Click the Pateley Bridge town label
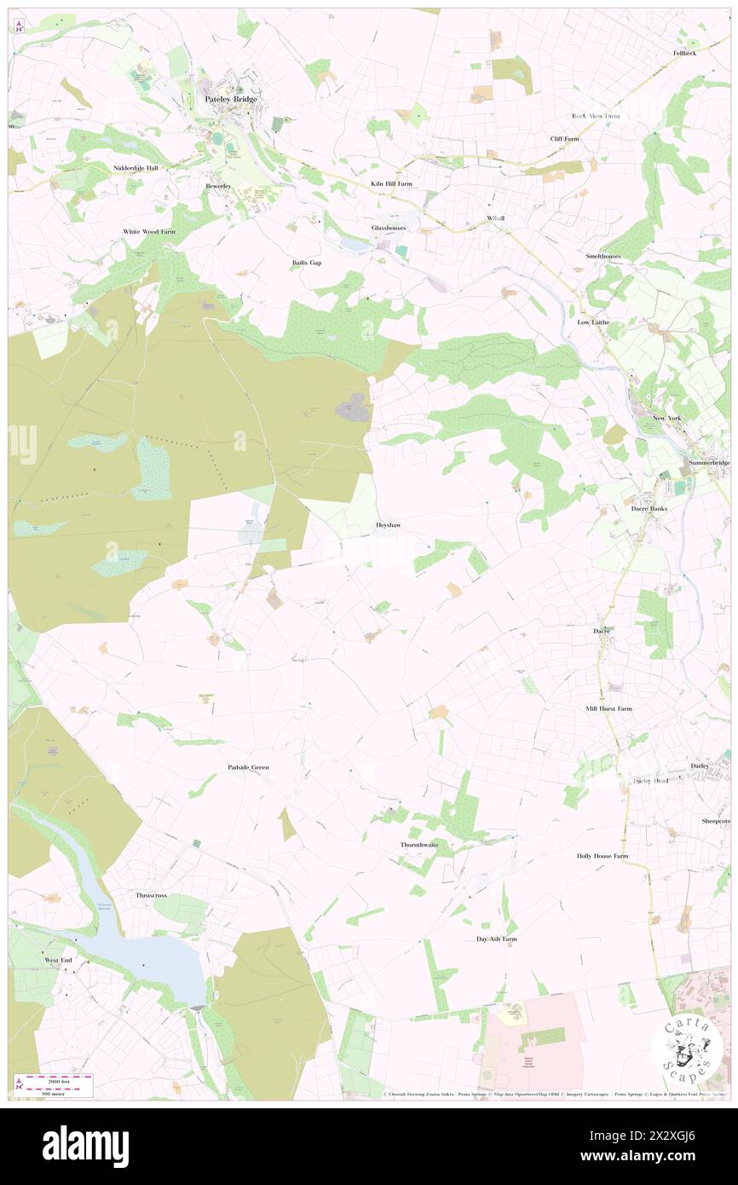pyautogui.click(x=231, y=100)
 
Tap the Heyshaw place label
pyautogui.click(x=388, y=526)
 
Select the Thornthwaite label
pyautogui.click(x=419, y=845)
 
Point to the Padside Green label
pyautogui.click(x=248, y=767)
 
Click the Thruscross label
pyautogui.click(x=152, y=895)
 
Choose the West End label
pyautogui.click(x=59, y=960)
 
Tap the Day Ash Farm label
pyautogui.click(x=496, y=939)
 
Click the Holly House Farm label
pyautogui.click(x=602, y=855)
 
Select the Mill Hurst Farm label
pyautogui.click(x=608, y=708)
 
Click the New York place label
pyautogui.click(x=667, y=419)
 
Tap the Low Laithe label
pyautogui.click(x=596, y=322)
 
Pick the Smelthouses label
pyautogui.click(x=603, y=256)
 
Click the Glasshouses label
pyautogui.click(x=388, y=228)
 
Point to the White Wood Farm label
pyautogui.click(x=149, y=232)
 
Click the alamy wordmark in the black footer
pyautogui.click(x=85, y=1146)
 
